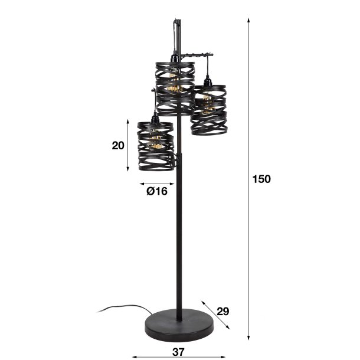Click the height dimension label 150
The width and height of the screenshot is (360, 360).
pyautogui.click(x=261, y=179)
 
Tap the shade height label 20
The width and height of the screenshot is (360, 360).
pyautogui.click(x=118, y=145)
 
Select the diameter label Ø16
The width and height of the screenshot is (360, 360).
pyautogui.click(x=157, y=191)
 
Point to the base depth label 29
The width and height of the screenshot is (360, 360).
pyautogui.click(x=222, y=310)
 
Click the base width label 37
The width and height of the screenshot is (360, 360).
pyautogui.click(x=178, y=352)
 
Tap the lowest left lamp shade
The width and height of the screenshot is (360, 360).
pyautogui.click(x=156, y=145)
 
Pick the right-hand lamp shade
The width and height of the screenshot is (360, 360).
pyautogui.click(x=208, y=109)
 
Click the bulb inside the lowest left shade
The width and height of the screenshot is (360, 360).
pyautogui.click(x=156, y=142)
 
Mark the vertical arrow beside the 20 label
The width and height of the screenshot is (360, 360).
pyautogui.click(x=128, y=145)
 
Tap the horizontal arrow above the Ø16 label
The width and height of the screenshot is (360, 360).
pyautogui.click(x=156, y=183)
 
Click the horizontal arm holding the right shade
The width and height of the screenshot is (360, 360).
pyautogui.click(x=195, y=55)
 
